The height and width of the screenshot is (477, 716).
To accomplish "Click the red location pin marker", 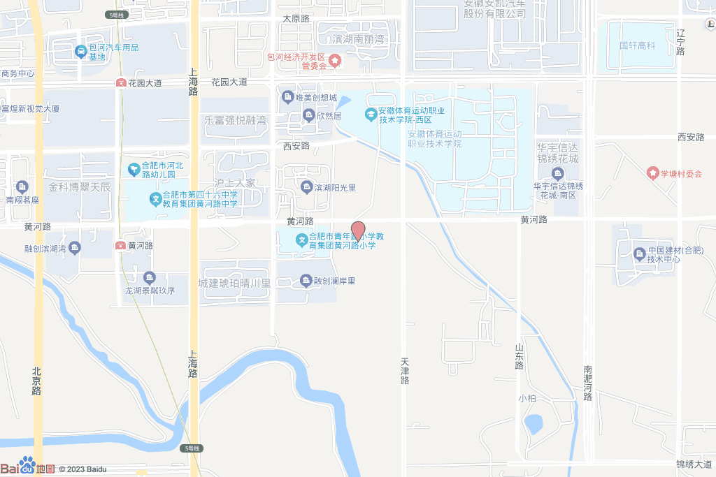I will [x=357, y=230].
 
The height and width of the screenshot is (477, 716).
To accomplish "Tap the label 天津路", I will [x=404, y=371].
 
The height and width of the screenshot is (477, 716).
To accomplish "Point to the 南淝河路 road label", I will [x=587, y=383].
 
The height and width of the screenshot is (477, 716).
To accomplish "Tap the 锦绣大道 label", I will [x=694, y=464].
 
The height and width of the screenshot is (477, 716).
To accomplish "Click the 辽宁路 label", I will [x=680, y=42].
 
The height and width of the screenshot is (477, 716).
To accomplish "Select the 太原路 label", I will [x=296, y=19].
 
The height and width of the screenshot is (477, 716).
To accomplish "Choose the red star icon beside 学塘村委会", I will [x=652, y=173].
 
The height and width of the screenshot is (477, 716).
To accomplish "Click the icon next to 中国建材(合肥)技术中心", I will [x=638, y=254].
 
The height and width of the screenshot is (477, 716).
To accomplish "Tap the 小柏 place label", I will [x=527, y=398].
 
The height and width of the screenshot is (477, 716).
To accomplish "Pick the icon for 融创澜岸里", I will [x=306, y=281].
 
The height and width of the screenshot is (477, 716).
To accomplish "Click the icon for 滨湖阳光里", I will [x=306, y=186].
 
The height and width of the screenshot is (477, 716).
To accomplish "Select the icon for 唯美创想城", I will [x=287, y=97].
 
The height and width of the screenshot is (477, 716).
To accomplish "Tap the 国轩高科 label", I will [x=637, y=45].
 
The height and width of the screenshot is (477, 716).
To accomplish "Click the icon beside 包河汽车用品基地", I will [x=82, y=51].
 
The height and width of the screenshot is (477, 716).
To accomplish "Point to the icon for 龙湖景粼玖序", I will [x=148, y=277].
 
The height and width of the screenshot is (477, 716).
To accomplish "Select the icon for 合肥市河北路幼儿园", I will [x=134, y=169].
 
